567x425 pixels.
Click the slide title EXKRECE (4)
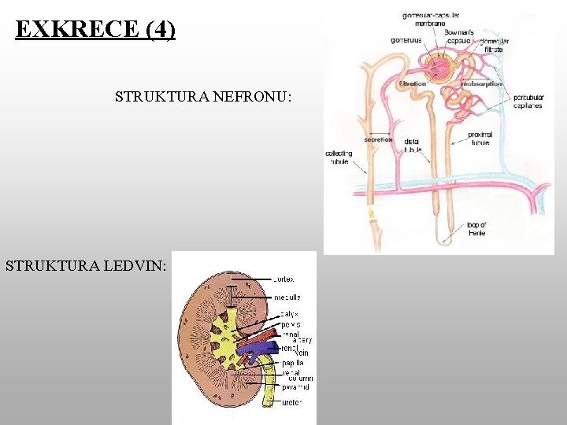tap(95, 30)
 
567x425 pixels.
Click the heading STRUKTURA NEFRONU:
tap(203, 98)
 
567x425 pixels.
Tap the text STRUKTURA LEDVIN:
tap(86, 266)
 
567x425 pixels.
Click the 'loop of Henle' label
tap(477, 229)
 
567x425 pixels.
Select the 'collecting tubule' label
tap(339, 157)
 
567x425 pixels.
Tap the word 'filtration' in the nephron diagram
tap(413, 83)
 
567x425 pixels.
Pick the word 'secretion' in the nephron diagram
tap(378, 139)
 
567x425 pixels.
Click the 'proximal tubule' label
tap(479, 139)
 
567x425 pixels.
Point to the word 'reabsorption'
tap(483, 83)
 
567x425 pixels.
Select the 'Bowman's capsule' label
tap(459, 36)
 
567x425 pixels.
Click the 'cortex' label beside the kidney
tap(284, 279)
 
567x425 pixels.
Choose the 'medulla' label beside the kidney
tap(287, 297)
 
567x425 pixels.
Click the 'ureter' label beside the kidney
tap(291, 403)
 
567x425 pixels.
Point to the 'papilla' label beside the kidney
tap(292, 363)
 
